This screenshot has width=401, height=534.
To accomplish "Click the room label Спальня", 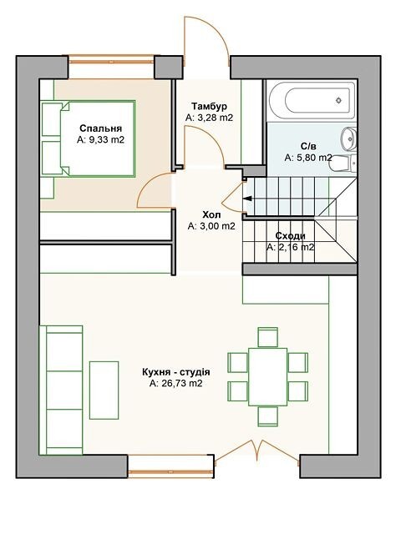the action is (100, 128).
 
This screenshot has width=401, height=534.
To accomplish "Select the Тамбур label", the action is (209, 107).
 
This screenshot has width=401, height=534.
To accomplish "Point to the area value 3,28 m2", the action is (213, 118).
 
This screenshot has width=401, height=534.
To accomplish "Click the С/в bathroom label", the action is (308, 147).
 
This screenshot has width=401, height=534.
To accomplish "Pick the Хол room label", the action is (211, 215).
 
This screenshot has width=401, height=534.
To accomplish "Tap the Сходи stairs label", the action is (290, 236).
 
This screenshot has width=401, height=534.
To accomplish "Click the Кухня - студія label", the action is (176, 372).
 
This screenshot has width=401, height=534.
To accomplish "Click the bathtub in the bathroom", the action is (312, 100).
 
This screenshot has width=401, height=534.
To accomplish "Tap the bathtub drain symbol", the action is (338, 100).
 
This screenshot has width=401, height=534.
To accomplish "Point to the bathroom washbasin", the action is (348, 139).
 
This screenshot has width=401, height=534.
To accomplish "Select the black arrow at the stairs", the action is (247, 199).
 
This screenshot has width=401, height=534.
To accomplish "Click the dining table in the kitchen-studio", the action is (267, 376).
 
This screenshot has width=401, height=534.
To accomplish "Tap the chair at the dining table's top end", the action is (267, 337).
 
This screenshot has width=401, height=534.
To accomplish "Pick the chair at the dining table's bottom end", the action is (267, 416).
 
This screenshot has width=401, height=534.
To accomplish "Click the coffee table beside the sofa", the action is (104, 390).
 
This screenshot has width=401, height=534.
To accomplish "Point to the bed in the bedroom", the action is (88, 139).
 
